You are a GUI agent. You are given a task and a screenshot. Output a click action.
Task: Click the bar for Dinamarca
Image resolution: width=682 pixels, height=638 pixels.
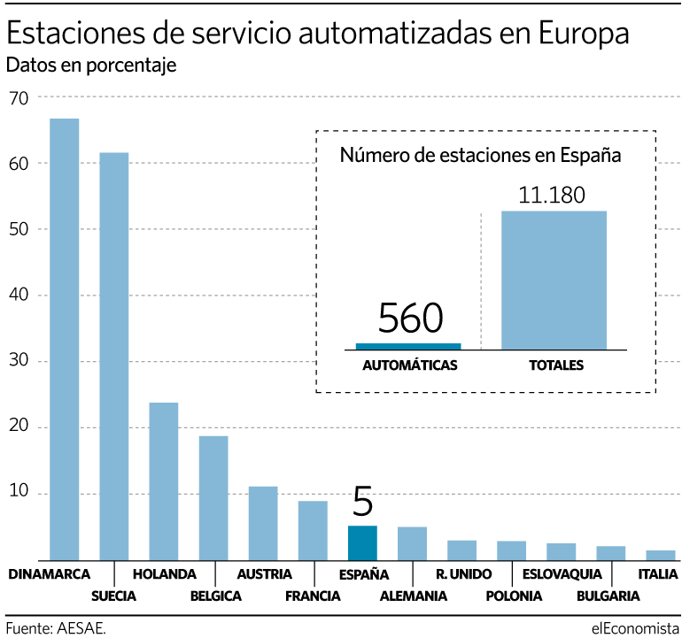(x=64, y=339)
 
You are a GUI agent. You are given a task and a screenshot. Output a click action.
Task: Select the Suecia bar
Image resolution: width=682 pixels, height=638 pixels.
(x=113, y=356)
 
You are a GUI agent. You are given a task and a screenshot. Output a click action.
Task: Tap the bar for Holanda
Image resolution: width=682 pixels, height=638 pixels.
(x=163, y=480)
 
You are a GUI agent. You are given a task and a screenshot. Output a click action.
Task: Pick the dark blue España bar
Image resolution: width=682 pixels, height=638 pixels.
(x=362, y=542)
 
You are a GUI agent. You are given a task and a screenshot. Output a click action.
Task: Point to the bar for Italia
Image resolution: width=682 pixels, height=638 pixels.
(x=660, y=555)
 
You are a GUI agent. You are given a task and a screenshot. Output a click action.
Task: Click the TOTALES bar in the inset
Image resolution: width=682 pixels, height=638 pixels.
(x=554, y=280)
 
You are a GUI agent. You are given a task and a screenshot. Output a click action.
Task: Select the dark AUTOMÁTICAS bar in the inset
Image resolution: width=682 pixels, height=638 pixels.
(x=408, y=346)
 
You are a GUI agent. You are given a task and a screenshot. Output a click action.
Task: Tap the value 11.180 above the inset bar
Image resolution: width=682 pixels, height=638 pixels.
(x=552, y=195)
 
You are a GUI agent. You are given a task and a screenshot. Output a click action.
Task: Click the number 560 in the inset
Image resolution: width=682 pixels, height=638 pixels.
(x=409, y=318)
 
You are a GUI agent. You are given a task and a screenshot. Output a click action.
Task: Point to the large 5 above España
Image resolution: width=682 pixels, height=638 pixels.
(x=363, y=501)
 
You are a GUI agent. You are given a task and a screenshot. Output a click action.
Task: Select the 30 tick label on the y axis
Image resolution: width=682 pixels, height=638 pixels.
(x=19, y=361)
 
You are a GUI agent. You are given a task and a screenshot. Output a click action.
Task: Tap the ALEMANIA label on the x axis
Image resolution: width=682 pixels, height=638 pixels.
(x=413, y=596)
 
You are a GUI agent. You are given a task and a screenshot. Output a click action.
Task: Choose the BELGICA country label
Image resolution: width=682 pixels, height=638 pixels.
(x=215, y=596)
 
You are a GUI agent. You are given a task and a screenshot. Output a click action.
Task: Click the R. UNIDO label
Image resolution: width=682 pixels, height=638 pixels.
(x=462, y=574)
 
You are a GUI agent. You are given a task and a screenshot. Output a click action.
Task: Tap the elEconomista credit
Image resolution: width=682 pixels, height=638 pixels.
(x=629, y=627)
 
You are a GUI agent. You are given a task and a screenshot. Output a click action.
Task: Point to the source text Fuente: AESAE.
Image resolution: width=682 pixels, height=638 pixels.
(x=55, y=627)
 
